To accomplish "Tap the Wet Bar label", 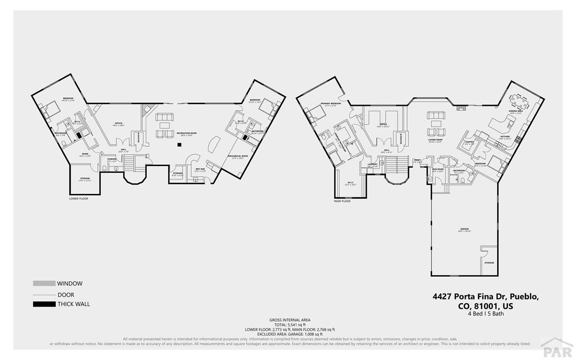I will (x=200, y=170).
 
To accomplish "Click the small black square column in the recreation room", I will (x=179, y=145).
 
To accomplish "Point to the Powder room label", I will (x=111, y=160).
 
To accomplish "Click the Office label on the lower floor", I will (x=119, y=124).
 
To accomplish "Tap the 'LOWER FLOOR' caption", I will (x=79, y=199).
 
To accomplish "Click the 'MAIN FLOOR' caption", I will (x=342, y=201).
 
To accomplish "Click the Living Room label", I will (x=435, y=141).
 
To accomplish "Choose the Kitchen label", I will (x=505, y=137).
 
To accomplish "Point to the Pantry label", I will (x=469, y=143).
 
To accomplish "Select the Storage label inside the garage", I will (x=489, y=263).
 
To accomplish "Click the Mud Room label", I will (x=437, y=169).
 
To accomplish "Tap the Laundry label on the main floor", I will (x=372, y=165).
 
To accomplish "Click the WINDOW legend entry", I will (x=69, y=283).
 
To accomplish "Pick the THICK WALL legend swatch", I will (x=44, y=304).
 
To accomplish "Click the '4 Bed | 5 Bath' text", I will (x=485, y=314).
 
